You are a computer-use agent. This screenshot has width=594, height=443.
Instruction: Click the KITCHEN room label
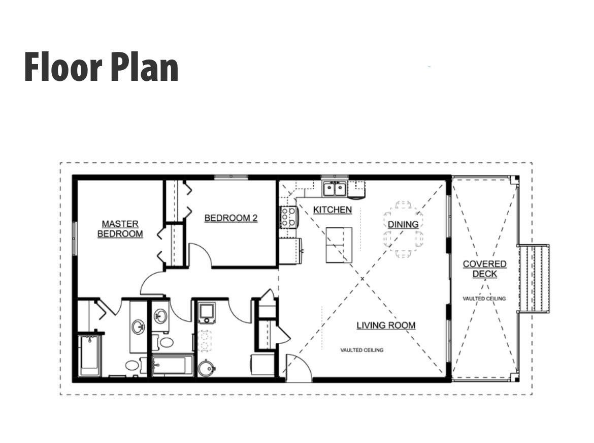tap(333, 210)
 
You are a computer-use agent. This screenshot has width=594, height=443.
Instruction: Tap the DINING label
tap(403, 224)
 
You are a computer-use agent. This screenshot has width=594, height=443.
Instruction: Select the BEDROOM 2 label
tap(231, 218)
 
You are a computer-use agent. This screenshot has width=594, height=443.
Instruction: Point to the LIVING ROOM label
tap(386, 326)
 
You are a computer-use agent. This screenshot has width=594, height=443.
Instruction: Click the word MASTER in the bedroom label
tap(120, 224)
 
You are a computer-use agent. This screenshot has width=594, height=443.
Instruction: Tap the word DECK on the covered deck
tap(484, 274)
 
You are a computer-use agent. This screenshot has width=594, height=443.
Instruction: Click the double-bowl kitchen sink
tap(335, 189)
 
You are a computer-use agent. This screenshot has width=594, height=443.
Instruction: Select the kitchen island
tap(339, 245)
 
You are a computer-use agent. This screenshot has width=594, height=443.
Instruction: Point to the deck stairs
tap(534, 278)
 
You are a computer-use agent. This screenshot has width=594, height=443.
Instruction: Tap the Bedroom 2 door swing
tap(201, 255)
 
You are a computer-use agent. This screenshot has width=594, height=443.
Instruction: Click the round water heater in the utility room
tap(207, 368)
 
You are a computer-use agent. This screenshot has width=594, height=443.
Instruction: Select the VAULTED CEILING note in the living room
tap(362, 350)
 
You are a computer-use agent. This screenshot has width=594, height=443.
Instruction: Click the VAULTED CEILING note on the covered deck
tap(484, 299)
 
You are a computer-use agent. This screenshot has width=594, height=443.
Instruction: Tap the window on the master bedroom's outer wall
tap(75, 238)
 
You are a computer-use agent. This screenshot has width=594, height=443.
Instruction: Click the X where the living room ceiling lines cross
tap(362, 279)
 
